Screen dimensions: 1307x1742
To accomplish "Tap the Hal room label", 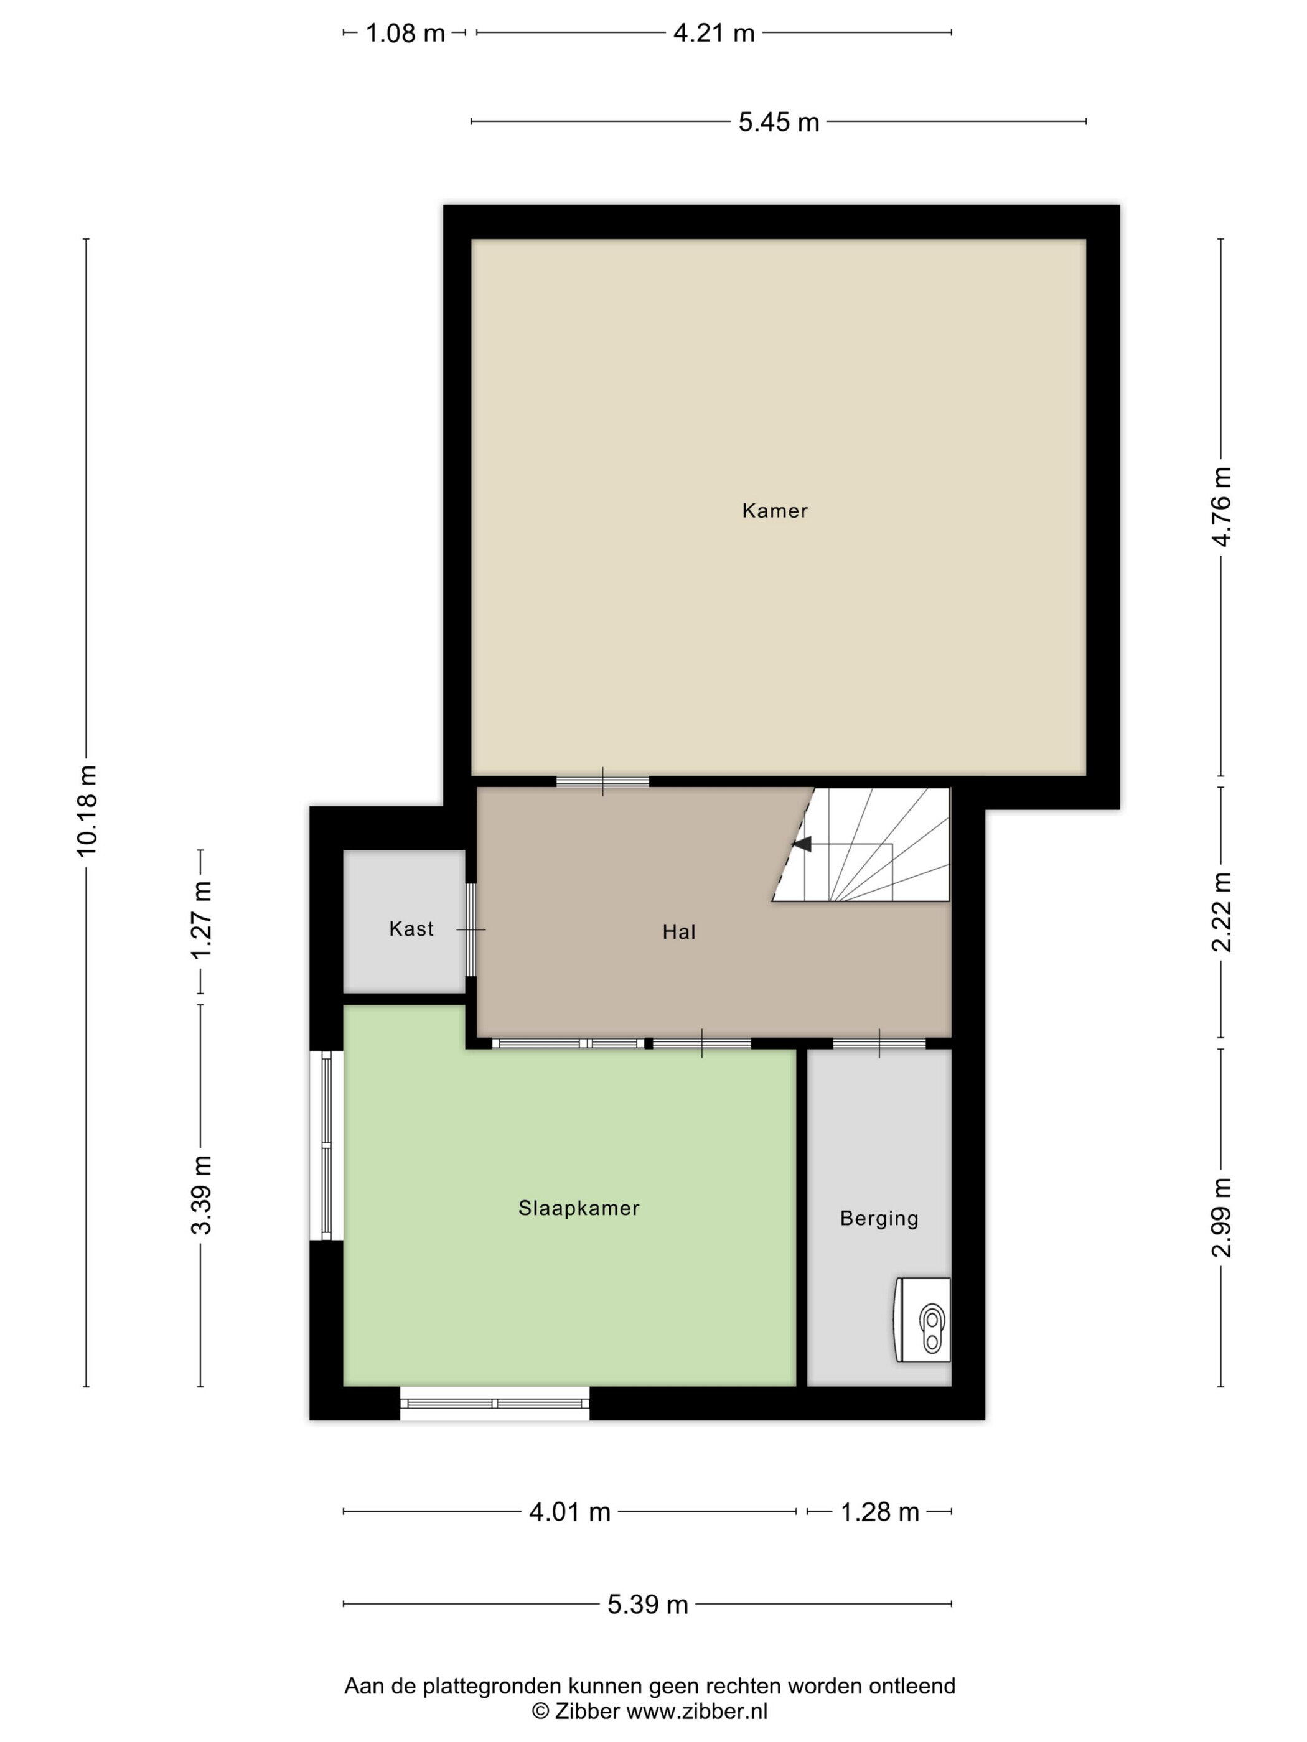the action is (678, 933).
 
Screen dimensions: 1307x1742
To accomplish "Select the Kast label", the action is (411, 929).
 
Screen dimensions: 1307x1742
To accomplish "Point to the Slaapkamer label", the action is (578, 1208).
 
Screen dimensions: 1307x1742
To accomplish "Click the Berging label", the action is (879, 1218).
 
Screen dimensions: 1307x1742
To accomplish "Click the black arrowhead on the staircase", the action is (802, 844).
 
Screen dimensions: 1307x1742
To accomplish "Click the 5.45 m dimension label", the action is (779, 122).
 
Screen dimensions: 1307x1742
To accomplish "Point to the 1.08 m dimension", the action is (405, 33).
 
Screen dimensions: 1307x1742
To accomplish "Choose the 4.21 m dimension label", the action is (714, 33).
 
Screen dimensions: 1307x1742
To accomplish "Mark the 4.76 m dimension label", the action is (1221, 506).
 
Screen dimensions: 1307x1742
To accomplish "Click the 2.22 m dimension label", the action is (1221, 911).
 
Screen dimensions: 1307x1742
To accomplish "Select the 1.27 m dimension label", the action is (201, 919).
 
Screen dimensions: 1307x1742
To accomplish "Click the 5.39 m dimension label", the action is (648, 1605).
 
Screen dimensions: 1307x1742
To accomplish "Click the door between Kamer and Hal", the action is (602, 781).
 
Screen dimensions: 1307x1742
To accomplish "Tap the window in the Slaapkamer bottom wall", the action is (495, 1402).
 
